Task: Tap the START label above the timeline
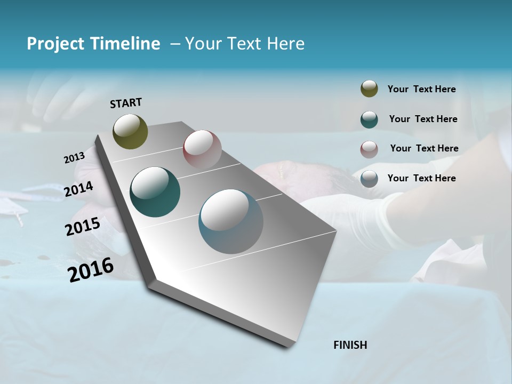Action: (126, 103)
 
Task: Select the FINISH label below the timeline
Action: (350, 345)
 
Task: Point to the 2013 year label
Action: (75, 157)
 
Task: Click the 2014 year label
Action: (79, 189)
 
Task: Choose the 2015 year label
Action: (83, 227)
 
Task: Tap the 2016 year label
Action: (91, 269)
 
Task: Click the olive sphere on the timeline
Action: (130, 131)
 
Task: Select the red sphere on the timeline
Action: (202, 149)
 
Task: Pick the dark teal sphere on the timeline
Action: (155, 192)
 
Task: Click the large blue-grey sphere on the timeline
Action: (231, 221)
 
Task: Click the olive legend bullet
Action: (369, 89)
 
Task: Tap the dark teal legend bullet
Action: (369, 119)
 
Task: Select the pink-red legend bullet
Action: (369, 149)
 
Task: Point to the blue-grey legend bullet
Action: (369, 179)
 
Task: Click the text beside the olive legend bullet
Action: (421, 89)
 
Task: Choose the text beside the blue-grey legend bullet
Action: (421, 178)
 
